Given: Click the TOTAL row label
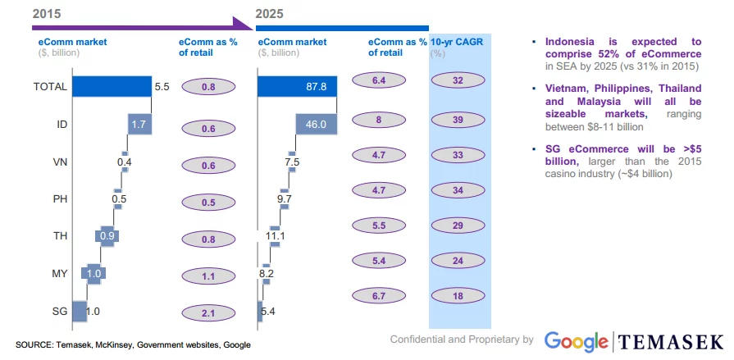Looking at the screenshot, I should tap(51, 86).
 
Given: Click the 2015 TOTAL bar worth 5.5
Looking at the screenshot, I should tap(112, 86).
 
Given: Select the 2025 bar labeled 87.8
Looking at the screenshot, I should tap(297, 86).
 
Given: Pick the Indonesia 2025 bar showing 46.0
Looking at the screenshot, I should tap(317, 124).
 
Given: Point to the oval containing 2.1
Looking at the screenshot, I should tap(209, 312).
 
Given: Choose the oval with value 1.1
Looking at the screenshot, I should tap(209, 276).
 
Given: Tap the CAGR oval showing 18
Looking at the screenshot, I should tap(458, 294).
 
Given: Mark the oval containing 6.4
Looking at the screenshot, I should tap(379, 80).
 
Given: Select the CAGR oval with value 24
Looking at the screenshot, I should tap(458, 262).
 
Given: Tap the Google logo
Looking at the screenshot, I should tap(575, 339).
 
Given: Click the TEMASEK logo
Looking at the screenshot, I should tap(670, 340).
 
